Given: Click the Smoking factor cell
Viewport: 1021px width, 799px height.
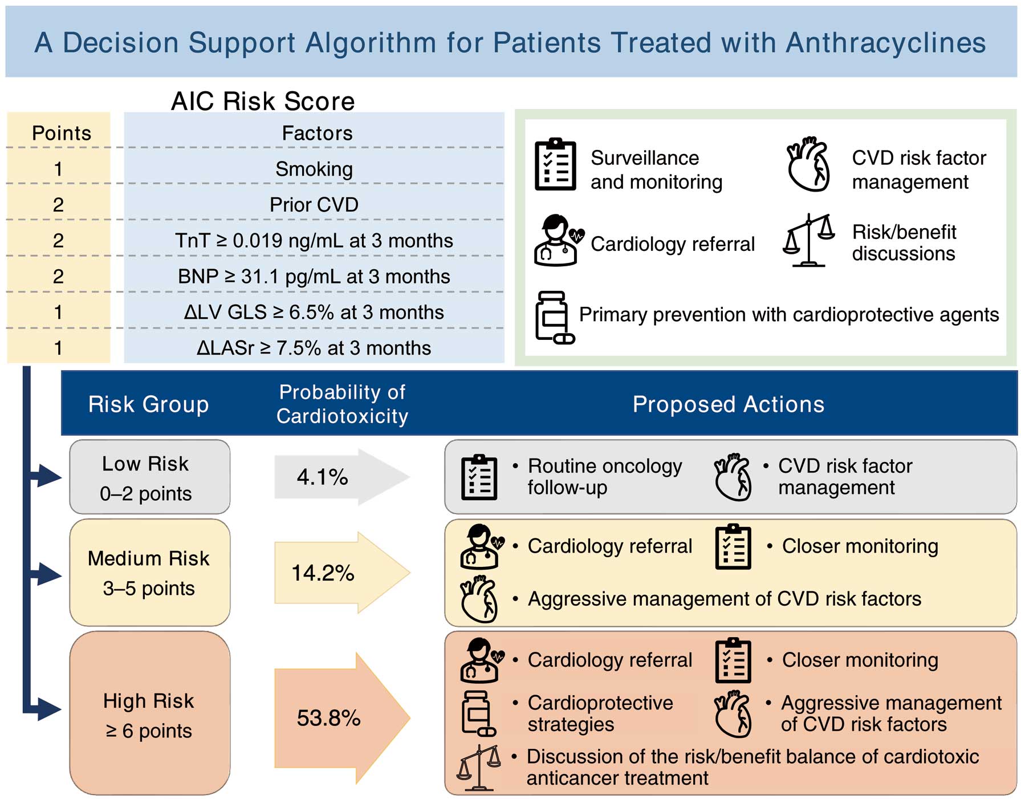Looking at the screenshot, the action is pos(314,169).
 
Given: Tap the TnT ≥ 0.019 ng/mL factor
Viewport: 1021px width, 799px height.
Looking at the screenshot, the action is pos(314,241).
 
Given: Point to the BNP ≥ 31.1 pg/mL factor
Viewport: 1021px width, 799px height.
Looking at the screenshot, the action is pos(314,277).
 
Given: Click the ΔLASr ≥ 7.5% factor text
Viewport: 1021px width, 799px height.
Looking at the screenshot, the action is pos(314,348).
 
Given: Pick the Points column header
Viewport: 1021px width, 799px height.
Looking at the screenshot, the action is pos(62,133).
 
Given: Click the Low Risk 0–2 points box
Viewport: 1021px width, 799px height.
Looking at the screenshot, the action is pos(149,477).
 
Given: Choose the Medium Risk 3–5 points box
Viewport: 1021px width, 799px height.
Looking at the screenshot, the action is pos(149,573).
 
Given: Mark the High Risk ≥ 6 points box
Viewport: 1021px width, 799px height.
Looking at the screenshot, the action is pos(149,713).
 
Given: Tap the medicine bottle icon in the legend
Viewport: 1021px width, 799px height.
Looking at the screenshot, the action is pos(554,317).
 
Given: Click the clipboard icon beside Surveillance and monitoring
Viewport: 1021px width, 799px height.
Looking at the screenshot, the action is pos(556,164).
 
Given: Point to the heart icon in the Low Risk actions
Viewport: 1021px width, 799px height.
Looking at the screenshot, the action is pos(733,477).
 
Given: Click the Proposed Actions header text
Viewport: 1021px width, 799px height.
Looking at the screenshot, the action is pos(729,404).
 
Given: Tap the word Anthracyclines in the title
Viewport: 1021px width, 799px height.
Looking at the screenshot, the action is pos(886,43).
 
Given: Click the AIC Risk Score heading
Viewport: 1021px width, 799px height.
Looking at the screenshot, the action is pos(263,101).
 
